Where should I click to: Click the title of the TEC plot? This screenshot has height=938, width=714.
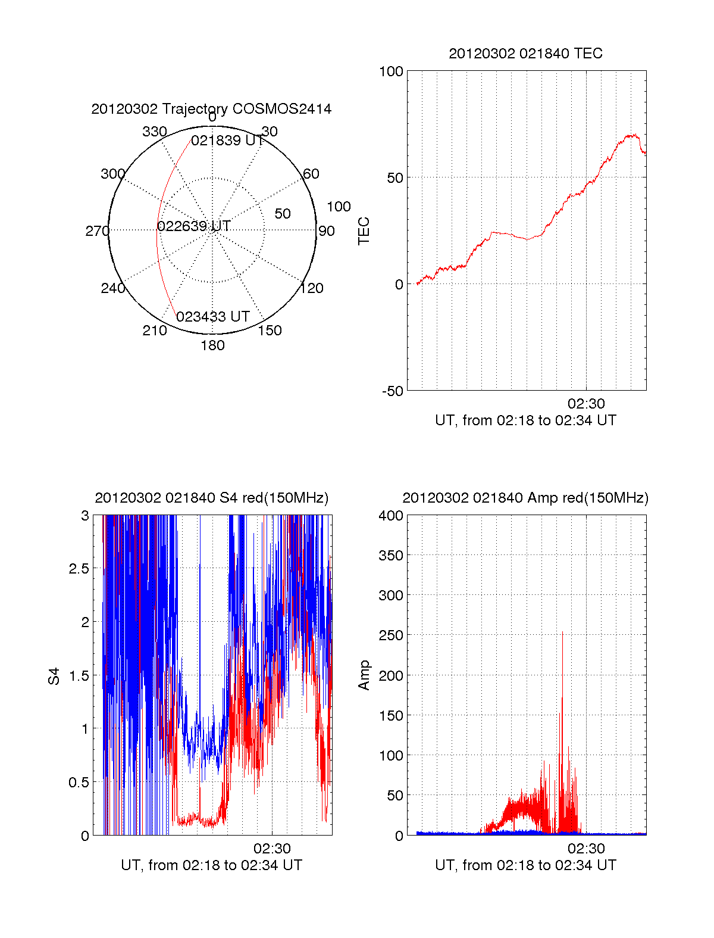tap(525, 54)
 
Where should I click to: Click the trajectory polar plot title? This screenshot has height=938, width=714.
tap(211, 109)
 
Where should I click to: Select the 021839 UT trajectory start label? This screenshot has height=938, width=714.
tap(227, 141)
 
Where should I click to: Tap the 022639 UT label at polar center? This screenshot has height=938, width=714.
tap(194, 226)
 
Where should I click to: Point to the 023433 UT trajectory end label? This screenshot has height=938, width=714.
tap(212, 317)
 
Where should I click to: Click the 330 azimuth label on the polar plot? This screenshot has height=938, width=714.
tap(154, 132)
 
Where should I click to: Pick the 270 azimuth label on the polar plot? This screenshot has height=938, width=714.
tap(97, 231)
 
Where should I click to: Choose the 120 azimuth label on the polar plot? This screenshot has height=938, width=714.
tap(312, 289)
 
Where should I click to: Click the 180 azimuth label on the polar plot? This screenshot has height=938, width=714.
tap(212, 345)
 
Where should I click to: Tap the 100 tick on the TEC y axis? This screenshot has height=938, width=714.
tap(391, 71)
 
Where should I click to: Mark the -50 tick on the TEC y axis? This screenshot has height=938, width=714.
tap(393, 391)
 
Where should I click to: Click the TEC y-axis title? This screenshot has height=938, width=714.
tap(364, 231)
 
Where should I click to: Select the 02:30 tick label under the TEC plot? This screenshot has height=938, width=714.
tap(586, 404)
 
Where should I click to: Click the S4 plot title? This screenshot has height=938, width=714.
tap(211, 498)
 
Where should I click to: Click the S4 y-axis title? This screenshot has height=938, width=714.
tap(54, 676)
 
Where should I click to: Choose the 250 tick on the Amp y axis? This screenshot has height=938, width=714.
tap(391, 635)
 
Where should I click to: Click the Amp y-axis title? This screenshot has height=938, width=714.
tap(364, 675)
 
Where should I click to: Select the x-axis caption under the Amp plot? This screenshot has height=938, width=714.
tap(525, 865)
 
